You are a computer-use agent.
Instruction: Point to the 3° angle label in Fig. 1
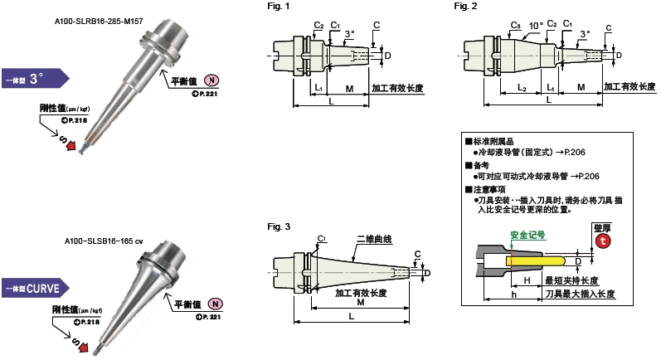(350, 34)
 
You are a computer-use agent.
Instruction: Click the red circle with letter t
(603, 241)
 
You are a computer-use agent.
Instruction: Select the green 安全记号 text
(527, 235)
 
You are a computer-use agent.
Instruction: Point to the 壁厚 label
(603, 226)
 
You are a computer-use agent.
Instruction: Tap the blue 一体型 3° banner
(33, 80)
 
